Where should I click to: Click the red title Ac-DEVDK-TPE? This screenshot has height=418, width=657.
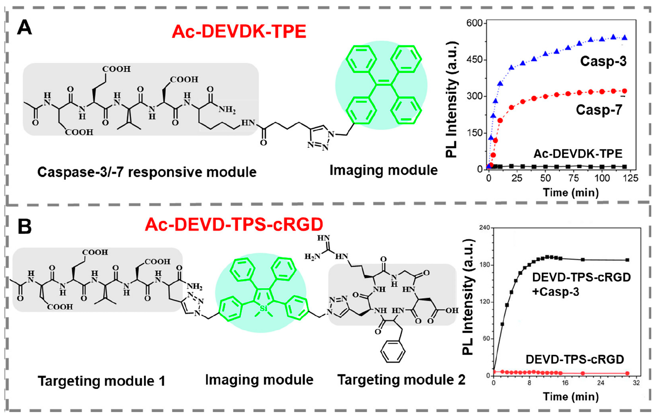click(239, 32)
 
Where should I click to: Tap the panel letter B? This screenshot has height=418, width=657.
click(25, 227)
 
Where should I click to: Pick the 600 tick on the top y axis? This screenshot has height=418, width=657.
click(474, 23)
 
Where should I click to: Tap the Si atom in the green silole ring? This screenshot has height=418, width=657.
click(263, 308)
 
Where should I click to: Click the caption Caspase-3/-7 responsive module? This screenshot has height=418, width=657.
click(147, 172)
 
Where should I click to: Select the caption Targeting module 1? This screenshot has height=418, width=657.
click(102, 381)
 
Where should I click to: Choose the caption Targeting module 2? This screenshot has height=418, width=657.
click(401, 380)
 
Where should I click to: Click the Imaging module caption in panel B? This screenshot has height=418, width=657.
click(259, 380)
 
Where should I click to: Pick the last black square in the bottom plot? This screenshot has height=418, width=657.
click(627, 260)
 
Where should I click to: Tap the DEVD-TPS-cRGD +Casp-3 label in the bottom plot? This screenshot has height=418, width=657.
click(581, 285)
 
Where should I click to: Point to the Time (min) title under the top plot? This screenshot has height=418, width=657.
click(571, 193)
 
